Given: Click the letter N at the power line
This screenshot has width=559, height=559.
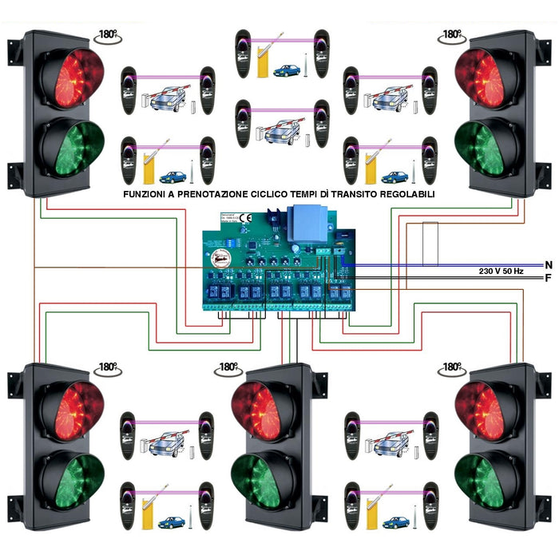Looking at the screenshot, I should pyautogui.click(x=548, y=264).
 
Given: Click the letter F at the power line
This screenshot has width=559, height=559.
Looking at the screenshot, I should pyautogui.click(x=548, y=278).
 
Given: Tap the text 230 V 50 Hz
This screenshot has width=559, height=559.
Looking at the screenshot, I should pyautogui.click(x=502, y=272).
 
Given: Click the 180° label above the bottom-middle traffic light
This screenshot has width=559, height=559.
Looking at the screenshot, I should pyautogui.click(x=228, y=367).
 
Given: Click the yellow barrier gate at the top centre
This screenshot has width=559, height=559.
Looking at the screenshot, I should pyautogui.click(x=264, y=61).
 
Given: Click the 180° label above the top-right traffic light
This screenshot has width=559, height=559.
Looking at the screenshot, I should pyautogui.click(x=452, y=35).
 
